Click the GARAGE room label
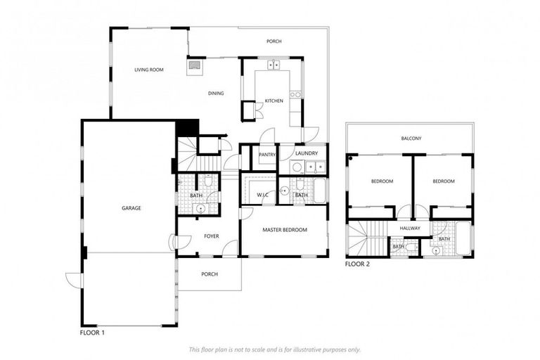[x=131, y=208]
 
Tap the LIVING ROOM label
[x=149, y=70]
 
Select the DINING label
[x=216, y=93]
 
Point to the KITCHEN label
[x=274, y=101]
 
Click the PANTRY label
[x=266, y=155]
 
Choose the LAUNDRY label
[x=307, y=153]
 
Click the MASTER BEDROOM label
[x=285, y=230]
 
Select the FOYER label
[x=212, y=236]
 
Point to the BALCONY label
[x=411, y=139]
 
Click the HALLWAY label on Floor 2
[x=410, y=228]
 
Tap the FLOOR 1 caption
[x=93, y=331]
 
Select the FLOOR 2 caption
[x=357, y=264]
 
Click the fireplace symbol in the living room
[x=193, y=67]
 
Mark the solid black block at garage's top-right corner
[x=186, y=129]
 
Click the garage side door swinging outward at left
[x=73, y=280]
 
